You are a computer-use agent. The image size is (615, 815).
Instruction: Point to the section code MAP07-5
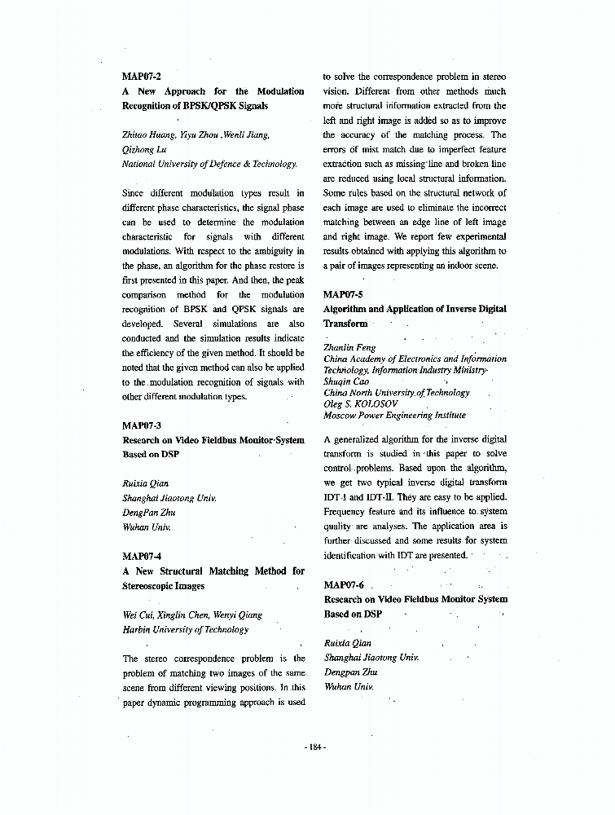tap(343, 294)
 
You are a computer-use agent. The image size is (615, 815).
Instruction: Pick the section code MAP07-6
tap(343, 585)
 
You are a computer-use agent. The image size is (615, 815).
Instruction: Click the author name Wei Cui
tap(136, 615)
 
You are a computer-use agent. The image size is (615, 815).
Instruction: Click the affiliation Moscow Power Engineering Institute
tap(394, 415)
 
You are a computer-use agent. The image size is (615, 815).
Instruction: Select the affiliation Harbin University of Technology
tap(185, 630)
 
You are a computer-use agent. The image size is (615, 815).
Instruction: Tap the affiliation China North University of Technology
tap(397, 393)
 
